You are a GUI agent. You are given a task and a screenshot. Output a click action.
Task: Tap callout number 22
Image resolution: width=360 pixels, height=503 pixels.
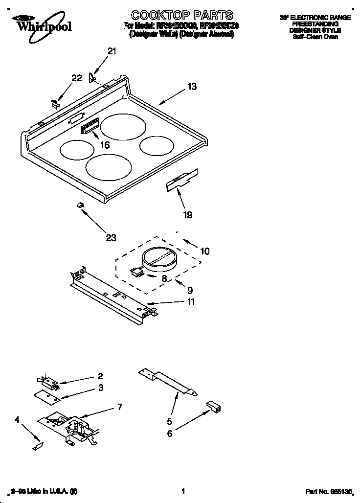tap(77, 78)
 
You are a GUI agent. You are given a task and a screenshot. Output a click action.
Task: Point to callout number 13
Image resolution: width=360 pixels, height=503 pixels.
tap(192, 87)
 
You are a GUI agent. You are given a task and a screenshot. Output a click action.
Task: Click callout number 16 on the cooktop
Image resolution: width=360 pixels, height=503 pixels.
tap(104, 145)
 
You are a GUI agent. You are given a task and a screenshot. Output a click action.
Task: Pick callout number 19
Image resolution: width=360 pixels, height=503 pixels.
tap(187, 214)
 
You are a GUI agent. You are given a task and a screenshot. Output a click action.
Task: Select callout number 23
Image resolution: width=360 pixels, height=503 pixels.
tap(111, 238)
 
